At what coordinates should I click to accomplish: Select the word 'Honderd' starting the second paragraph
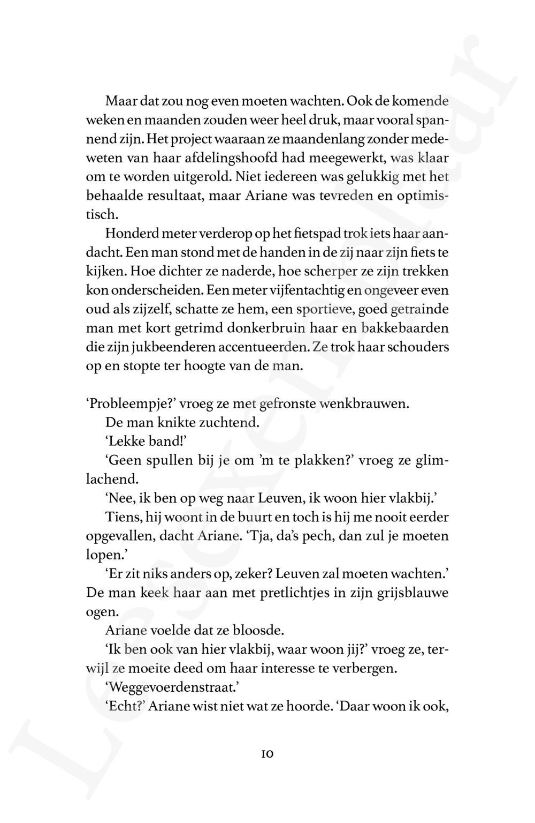click(x=131, y=234)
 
